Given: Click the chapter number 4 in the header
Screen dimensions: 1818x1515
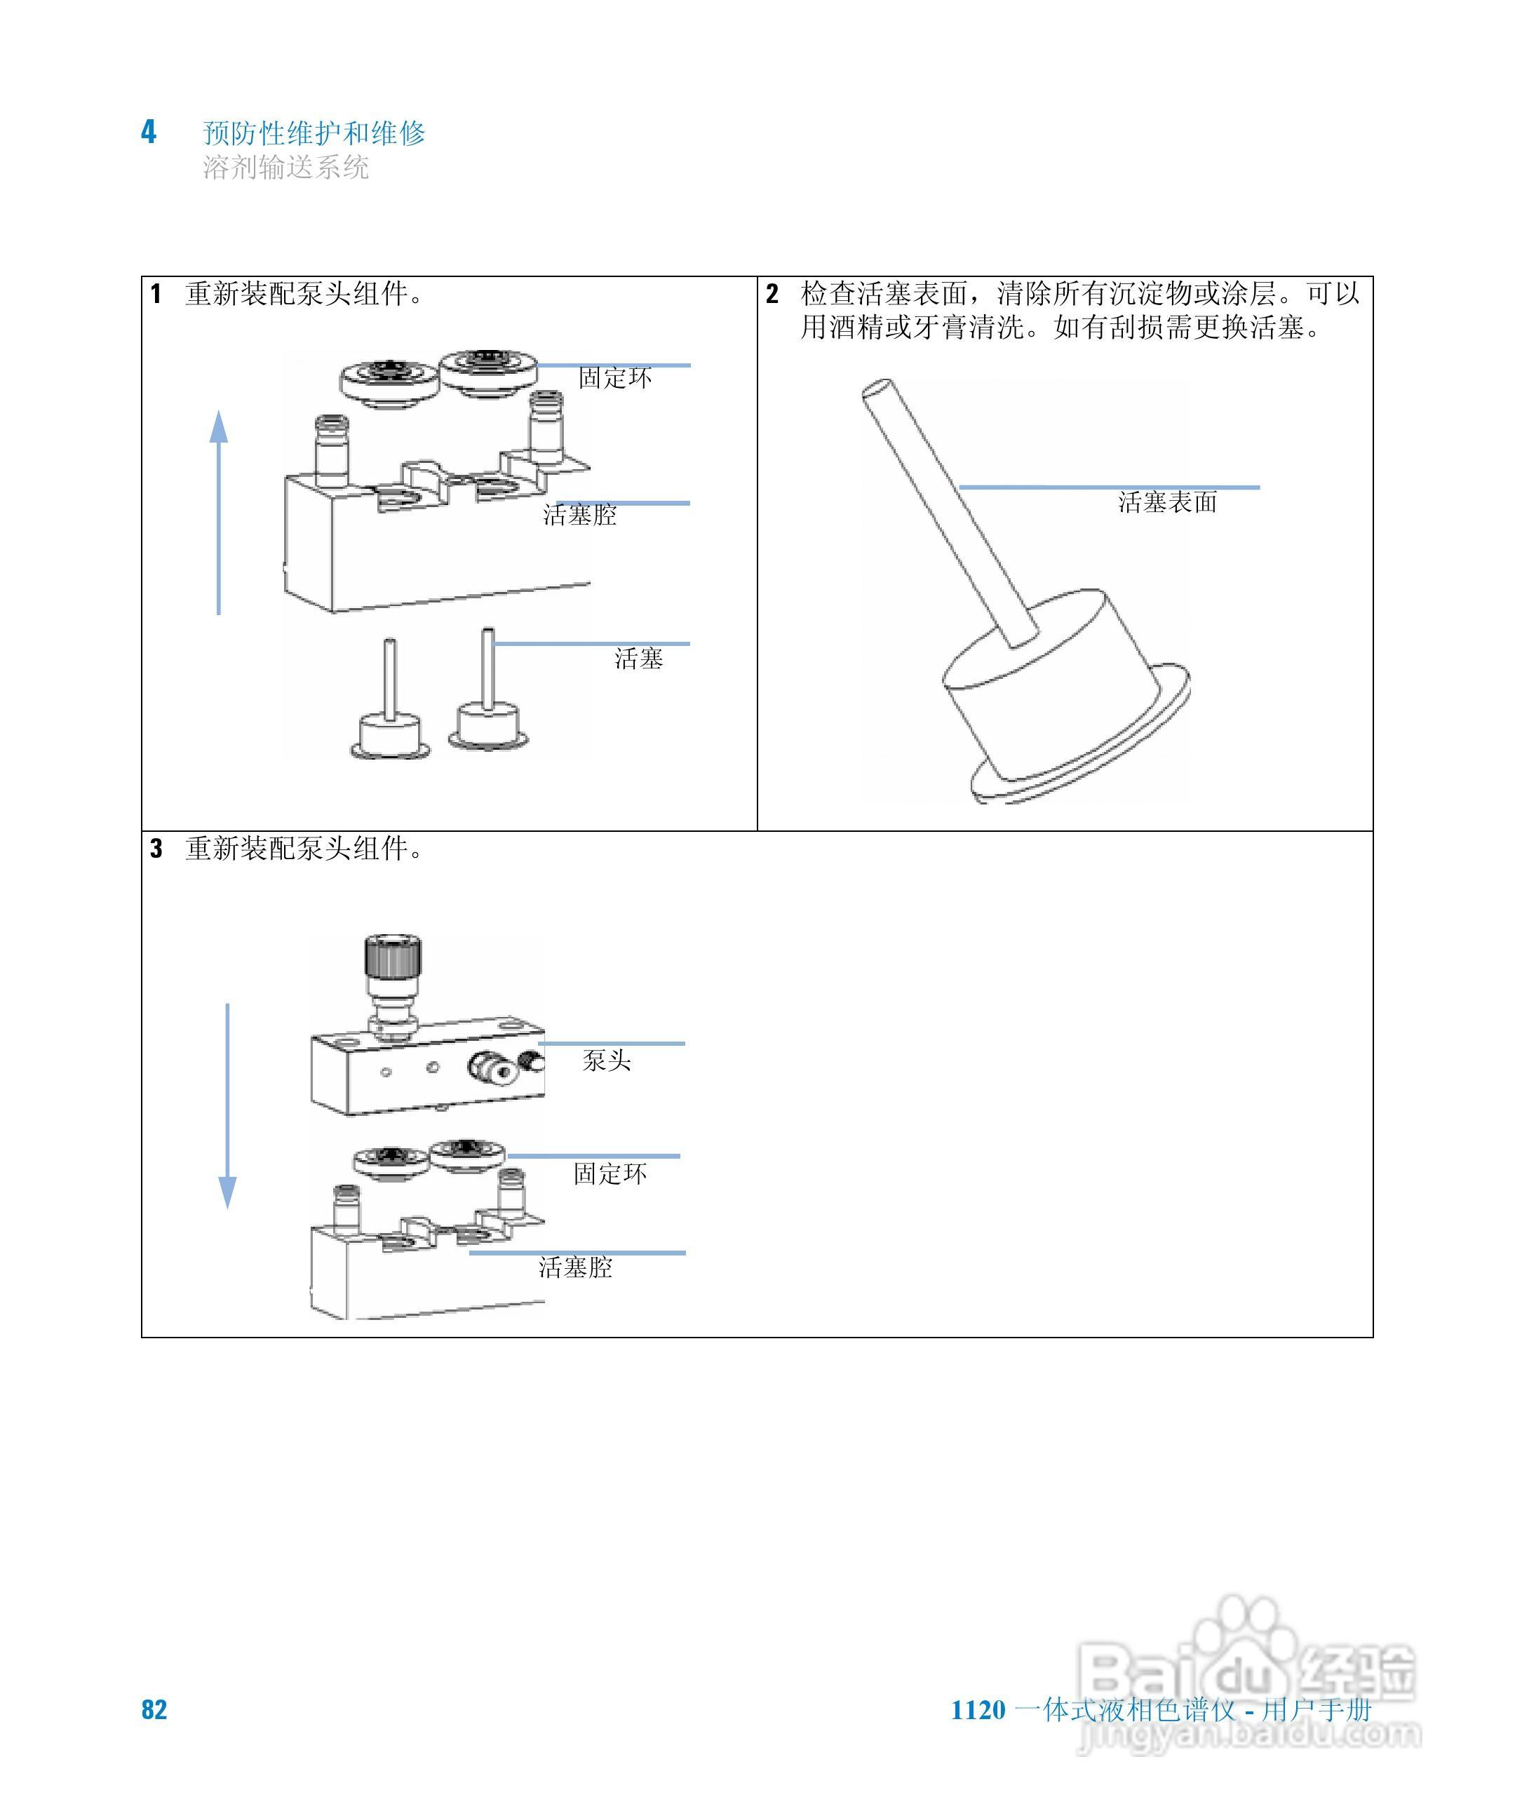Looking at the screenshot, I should [149, 132].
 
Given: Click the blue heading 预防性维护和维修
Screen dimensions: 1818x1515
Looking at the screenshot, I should [314, 133].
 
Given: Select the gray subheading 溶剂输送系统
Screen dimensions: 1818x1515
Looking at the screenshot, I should [285, 166].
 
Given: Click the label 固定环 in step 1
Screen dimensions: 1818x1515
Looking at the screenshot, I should [614, 378].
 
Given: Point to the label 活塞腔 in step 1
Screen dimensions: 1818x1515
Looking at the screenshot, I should [579, 515].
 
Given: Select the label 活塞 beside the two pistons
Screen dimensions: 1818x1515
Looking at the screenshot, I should [638, 659].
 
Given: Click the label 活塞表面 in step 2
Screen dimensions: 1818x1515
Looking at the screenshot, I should [1167, 502].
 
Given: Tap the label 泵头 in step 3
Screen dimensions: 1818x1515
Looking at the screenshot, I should [606, 1060].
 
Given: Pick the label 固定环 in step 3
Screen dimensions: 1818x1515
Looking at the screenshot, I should [610, 1174].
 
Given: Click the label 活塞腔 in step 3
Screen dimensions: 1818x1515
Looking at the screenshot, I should [575, 1267].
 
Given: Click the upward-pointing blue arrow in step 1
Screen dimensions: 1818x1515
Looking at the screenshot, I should [219, 511].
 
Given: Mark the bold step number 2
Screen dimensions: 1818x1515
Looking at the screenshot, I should [772, 295].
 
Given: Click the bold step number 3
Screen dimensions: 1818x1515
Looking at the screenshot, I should [156, 849].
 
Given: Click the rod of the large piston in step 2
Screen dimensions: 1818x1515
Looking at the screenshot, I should [948, 511].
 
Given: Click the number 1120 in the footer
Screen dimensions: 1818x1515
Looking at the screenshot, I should [978, 1710].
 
